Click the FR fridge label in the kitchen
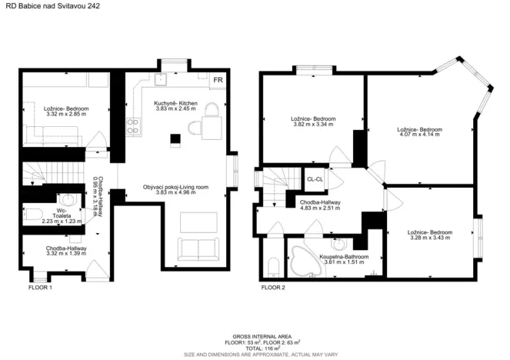[x=218, y=80]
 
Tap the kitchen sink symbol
[x=160, y=79]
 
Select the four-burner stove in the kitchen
[x=133, y=126]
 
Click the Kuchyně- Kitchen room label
[x=175, y=103]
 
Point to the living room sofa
[x=198, y=249]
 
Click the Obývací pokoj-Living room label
[x=175, y=187]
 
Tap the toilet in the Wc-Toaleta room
[x=33, y=215]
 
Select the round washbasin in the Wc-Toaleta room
[x=68, y=199]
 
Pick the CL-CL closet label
[x=315, y=179]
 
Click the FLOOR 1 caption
[x=40, y=288]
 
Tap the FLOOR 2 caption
[x=273, y=288]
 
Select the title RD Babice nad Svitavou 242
[x=52, y=6]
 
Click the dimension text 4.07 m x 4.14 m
[x=419, y=134]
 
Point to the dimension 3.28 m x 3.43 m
[x=430, y=238]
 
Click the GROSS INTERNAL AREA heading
[x=262, y=337]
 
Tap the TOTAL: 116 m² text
[x=263, y=348]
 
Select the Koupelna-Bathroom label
[x=344, y=257]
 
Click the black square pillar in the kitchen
[x=175, y=139]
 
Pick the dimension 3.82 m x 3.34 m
[x=313, y=124]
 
